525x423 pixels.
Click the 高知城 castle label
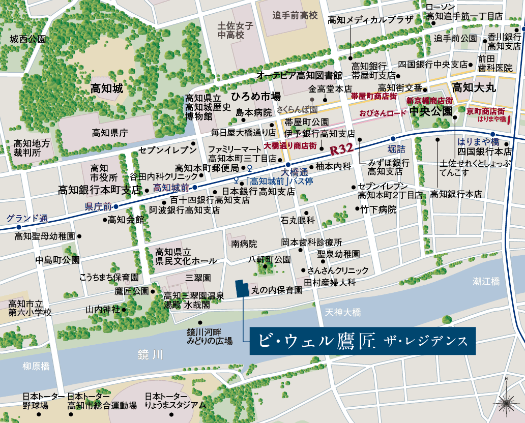(x=107, y=88)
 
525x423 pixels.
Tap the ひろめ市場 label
(x=255, y=96)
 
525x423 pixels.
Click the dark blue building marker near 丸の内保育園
(x=241, y=288)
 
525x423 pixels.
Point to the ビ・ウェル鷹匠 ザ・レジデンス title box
(x=362, y=341)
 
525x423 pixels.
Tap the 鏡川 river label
(x=150, y=354)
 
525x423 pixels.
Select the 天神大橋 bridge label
(x=343, y=311)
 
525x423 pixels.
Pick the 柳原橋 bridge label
(x=36, y=366)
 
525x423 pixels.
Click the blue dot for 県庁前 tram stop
(x=116, y=206)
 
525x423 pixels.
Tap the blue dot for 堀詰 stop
(x=393, y=139)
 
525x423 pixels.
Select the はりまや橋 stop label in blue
(x=478, y=141)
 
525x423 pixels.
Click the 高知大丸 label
(x=474, y=87)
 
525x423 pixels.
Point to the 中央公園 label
(x=430, y=111)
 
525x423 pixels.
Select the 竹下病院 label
(x=378, y=209)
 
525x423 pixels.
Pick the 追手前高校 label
(x=295, y=15)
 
